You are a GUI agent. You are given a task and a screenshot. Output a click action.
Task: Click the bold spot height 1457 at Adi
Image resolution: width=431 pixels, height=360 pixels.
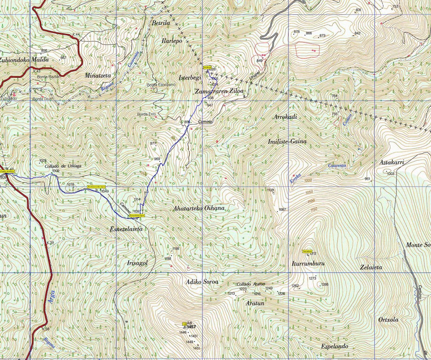[x=191, y=327]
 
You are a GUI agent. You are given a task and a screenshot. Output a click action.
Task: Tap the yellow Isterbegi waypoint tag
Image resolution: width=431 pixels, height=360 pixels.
[x=207, y=67]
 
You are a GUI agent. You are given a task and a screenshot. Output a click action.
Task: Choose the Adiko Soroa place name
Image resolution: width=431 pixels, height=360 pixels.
[x=202, y=282]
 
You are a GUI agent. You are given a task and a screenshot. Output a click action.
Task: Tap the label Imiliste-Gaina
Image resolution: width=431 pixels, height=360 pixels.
[x=287, y=141]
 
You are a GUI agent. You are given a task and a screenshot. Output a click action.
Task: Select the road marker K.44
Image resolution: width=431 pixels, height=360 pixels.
[x=76, y=34]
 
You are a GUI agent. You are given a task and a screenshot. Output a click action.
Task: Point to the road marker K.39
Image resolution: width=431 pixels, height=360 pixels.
[x=50, y=243]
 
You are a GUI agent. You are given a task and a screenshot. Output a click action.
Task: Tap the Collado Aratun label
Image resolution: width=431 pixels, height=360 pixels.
[x=251, y=284]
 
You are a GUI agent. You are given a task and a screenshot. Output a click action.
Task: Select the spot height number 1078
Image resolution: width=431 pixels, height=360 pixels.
[x=70, y=184]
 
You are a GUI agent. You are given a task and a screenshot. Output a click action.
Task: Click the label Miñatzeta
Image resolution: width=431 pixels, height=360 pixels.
[x=98, y=75]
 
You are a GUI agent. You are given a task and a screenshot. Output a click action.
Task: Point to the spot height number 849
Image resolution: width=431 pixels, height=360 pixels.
[x=259, y=61]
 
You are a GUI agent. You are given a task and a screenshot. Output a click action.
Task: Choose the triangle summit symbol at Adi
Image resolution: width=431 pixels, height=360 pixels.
[x=185, y=327]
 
